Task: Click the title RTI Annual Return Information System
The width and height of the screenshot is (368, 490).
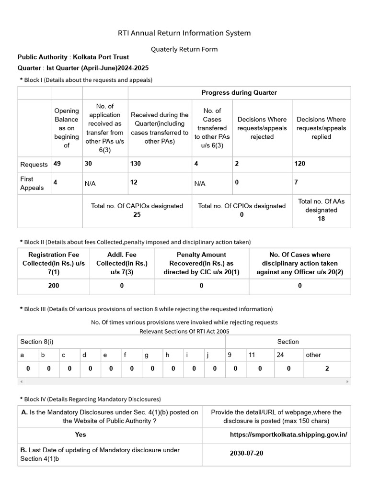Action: (184, 33)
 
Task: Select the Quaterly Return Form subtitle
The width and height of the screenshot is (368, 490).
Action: (184, 49)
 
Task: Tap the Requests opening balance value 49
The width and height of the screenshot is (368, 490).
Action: (57, 164)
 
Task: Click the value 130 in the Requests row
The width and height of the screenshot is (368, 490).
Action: (136, 164)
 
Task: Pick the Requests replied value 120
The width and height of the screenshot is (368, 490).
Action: (300, 164)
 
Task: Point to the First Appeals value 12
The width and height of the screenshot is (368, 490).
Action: (134, 182)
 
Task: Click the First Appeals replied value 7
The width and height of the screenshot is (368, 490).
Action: (297, 182)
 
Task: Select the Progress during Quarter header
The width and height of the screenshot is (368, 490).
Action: (239, 92)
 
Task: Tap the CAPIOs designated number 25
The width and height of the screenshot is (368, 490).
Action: (137, 215)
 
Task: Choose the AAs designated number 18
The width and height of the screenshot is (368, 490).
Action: (321, 219)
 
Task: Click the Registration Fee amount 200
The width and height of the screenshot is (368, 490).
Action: (54, 286)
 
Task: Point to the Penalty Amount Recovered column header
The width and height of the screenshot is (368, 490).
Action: (201, 263)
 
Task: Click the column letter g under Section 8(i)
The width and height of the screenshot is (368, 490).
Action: (147, 355)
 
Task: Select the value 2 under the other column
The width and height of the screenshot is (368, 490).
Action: (327, 368)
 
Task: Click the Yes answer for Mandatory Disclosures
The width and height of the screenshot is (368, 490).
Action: (80, 434)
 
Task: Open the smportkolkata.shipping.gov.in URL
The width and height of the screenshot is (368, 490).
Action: (288, 434)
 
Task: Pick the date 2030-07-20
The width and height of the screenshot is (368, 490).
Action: (246, 453)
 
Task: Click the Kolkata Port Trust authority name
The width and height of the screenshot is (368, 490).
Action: (101, 57)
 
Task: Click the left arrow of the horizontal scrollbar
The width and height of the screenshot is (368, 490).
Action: (21, 381)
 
